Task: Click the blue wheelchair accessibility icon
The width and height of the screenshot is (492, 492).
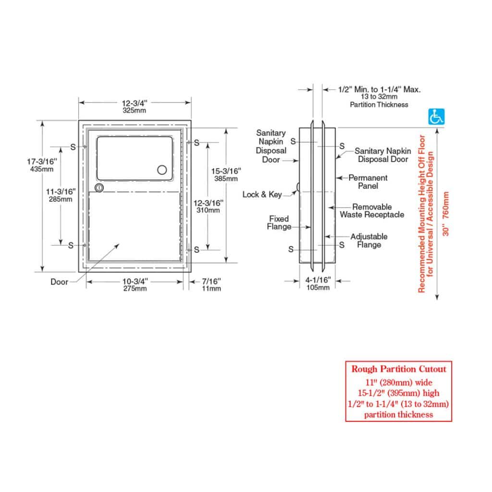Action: (436, 116)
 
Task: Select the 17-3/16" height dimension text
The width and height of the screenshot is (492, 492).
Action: (42, 165)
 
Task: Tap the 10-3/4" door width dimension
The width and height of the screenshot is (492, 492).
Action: (135, 284)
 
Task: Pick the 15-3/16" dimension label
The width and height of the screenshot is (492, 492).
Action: (226, 174)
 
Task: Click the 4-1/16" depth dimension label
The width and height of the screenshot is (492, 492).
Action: (318, 283)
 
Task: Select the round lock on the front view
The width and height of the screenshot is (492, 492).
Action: (99, 187)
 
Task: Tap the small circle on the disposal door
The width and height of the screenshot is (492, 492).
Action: (163, 170)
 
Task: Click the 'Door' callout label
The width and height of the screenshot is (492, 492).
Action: (60, 282)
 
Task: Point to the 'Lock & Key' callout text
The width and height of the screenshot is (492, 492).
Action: (261, 195)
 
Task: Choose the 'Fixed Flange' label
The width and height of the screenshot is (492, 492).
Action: (279, 222)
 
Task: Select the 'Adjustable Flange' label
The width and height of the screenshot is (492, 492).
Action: (369, 241)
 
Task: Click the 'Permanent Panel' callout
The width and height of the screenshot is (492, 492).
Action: (368, 182)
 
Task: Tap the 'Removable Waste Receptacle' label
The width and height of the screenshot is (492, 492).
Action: (372, 211)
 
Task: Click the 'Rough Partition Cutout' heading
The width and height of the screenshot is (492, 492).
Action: (399, 369)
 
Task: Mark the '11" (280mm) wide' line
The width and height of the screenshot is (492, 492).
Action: (399, 382)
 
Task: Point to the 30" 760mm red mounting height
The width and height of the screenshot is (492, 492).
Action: (446, 214)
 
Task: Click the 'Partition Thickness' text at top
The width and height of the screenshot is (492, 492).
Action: (379, 104)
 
